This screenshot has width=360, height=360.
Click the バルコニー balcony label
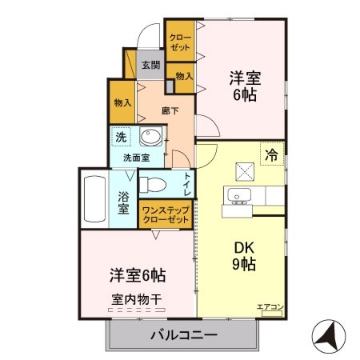coord(183,335)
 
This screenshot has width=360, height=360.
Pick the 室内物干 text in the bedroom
coord(137,299)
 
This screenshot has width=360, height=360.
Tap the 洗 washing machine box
coord(119,137)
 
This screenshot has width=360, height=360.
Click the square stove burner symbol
coord(244,170)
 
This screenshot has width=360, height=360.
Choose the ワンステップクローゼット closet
coord(166,214)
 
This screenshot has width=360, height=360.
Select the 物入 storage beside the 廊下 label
coord(122,102)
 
